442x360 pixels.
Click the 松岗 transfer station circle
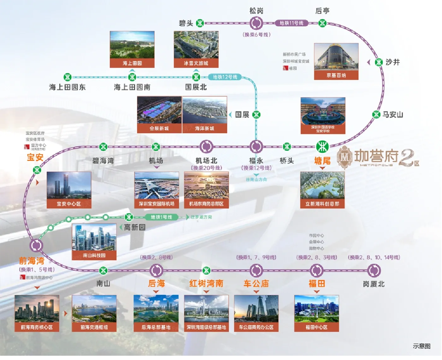click(256, 23)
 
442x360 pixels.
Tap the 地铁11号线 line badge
click(291, 23)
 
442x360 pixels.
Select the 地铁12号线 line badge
click(225, 77)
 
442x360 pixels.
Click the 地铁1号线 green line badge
click(161, 217)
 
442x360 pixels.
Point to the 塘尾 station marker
click(322, 147)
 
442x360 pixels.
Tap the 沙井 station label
click(392, 62)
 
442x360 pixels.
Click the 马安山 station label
click(393, 115)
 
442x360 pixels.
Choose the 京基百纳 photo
click(336, 61)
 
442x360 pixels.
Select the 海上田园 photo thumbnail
click(132, 49)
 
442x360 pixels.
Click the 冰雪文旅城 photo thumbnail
click(196, 49)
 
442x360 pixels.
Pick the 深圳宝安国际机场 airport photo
click(157, 190)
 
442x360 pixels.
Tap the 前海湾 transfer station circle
click(36, 245)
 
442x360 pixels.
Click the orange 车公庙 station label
click(256, 283)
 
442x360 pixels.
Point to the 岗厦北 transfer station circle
click(374, 270)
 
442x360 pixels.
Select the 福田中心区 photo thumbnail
click(316, 313)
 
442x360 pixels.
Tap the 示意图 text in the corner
click(421, 346)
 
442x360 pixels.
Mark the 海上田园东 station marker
click(68, 77)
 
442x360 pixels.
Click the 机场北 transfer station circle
click(206, 147)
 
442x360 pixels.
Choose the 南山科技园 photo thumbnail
click(94, 242)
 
